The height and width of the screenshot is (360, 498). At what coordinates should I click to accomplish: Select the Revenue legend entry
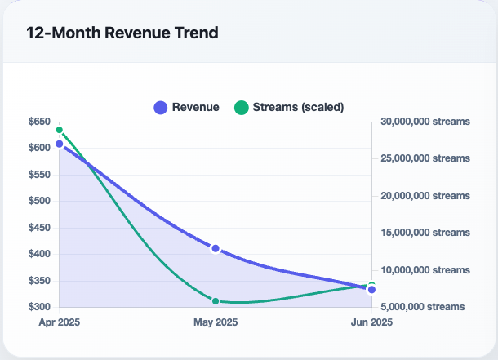pyautogui.click(x=186, y=107)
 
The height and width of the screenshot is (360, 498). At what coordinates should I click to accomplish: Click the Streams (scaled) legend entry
pyautogui.click(x=289, y=107)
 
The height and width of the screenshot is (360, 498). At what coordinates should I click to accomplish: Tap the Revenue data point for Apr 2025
pyautogui.click(x=60, y=144)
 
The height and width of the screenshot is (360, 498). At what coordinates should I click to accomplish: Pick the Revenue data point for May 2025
pyautogui.click(x=216, y=248)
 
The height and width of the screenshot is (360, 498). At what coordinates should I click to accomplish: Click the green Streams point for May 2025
pyautogui.click(x=216, y=301)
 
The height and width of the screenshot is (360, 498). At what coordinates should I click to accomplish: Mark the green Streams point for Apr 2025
pyautogui.click(x=60, y=130)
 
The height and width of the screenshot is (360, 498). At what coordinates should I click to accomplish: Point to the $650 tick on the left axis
pyautogui.click(x=38, y=122)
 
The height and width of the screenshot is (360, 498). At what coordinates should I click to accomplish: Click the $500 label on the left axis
pyautogui.click(x=38, y=201)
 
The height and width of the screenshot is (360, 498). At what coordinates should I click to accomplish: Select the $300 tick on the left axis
pyautogui.click(x=38, y=307)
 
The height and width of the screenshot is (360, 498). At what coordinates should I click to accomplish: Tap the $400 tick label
pyautogui.click(x=38, y=254)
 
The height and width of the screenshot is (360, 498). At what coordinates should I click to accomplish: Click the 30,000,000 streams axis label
pyautogui.click(x=425, y=122)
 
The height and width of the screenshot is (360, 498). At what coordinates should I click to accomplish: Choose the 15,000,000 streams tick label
pyautogui.click(x=425, y=233)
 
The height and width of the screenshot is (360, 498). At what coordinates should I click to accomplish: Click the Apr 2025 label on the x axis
pyautogui.click(x=60, y=322)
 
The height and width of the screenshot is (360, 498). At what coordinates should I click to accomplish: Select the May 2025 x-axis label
pyautogui.click(x=216, y=322)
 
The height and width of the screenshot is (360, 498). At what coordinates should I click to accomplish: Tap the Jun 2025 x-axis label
pyautogui.click(x=371, y=322)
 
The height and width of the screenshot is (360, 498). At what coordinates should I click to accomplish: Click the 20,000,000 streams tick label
pyautogui.click(x=425, y=196)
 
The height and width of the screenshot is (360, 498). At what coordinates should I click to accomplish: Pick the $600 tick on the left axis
pyautogui.click(x=38, y=148)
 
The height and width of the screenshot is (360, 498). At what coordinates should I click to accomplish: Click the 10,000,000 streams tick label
pyautogui.click(x=425, y=269)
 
